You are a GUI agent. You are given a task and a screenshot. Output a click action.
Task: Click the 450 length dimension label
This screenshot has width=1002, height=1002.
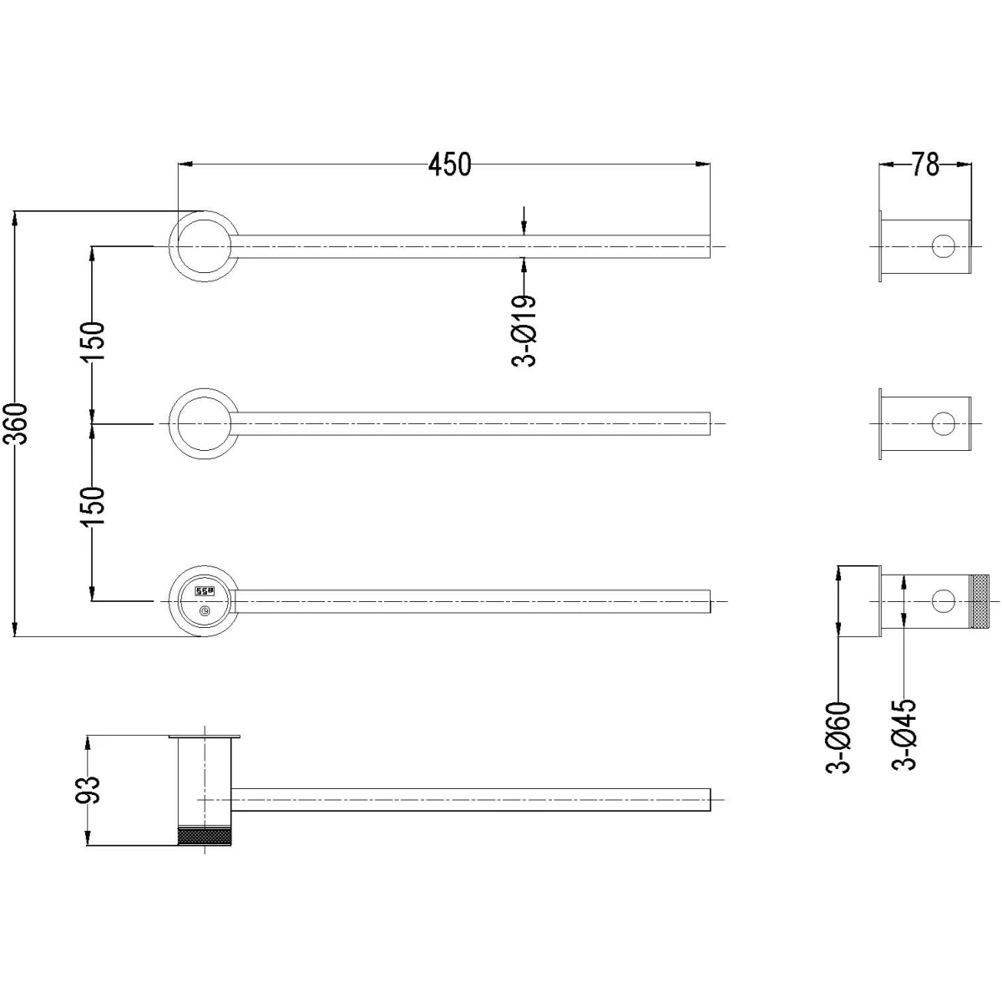coord(450,164)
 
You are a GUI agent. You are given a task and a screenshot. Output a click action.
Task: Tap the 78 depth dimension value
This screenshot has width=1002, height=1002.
coord(925,164)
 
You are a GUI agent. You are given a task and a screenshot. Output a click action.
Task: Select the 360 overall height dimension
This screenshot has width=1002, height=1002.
coord(19,423)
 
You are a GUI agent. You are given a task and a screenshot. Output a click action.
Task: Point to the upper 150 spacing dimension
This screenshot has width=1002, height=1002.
coord(93,342)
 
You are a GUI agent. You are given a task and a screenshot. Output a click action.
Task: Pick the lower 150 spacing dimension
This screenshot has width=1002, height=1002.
coord(93,506)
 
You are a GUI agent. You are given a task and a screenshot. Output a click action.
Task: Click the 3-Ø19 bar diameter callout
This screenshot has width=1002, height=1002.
coord(524,331)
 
